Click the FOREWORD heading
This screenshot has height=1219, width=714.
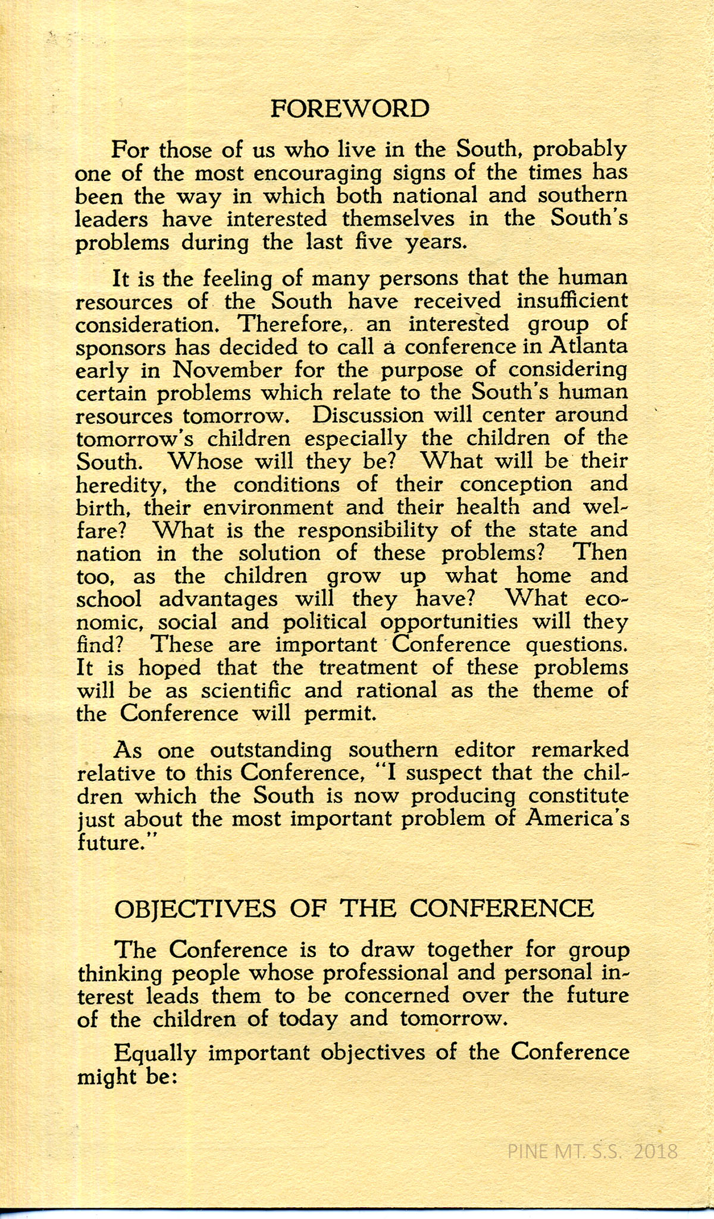pyautogui.click(x=349, y=109)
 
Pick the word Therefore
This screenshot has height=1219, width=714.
pyautogui.click(x=288, y=324)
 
